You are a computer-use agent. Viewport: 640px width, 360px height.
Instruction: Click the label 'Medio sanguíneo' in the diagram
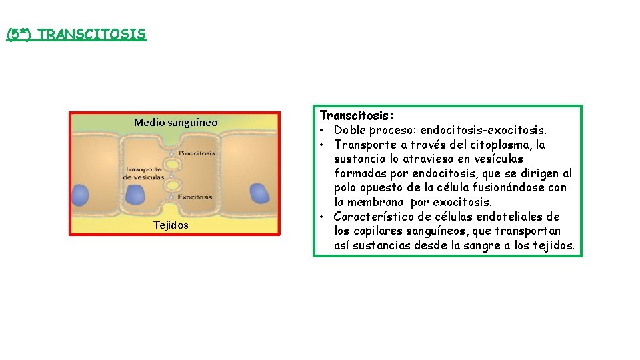[175, 122]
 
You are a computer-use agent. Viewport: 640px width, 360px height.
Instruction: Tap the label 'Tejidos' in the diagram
[171, 225]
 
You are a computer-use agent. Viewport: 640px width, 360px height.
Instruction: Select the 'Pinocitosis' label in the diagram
[196, 153]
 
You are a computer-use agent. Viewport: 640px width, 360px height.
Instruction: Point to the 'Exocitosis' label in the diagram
[195, 197]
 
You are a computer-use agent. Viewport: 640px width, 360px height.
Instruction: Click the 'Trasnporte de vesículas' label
[144, 173]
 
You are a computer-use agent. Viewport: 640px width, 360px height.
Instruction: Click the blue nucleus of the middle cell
[136, 195]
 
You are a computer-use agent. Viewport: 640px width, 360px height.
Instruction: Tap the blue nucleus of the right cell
[259, 194]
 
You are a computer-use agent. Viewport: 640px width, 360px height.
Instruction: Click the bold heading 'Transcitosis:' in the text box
[347, 115]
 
